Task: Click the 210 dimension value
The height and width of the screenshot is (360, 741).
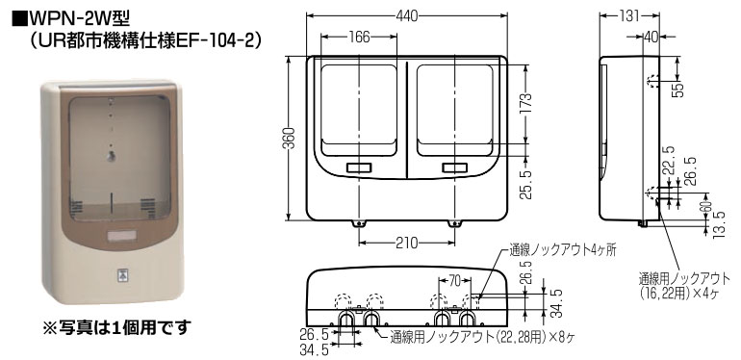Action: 405,241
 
